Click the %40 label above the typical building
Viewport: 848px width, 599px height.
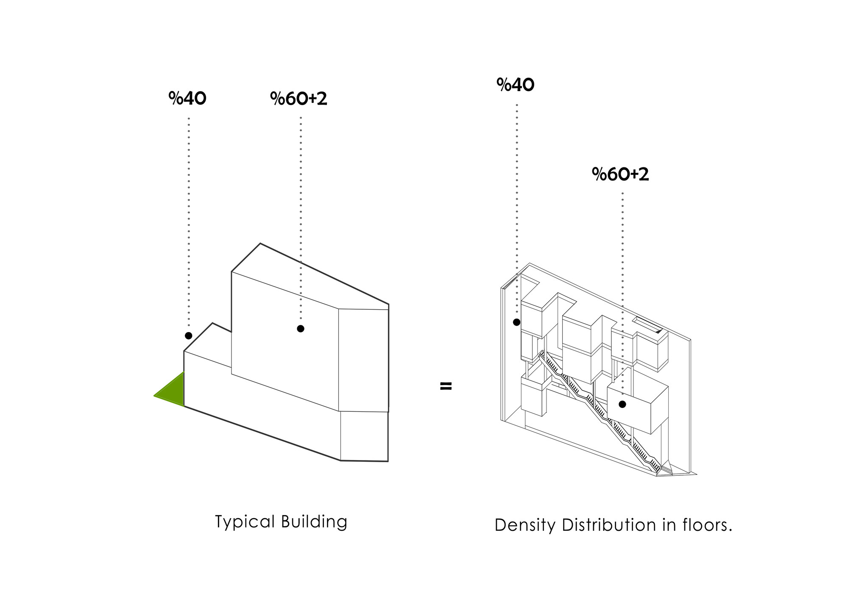[187, 98]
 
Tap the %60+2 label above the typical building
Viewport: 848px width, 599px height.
[298, 99]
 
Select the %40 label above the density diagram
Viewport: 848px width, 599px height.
[515, 85]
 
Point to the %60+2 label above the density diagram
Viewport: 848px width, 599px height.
[620, 174]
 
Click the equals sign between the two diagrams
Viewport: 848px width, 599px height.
[446, 386]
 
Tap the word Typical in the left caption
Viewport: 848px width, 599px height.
[245, 522]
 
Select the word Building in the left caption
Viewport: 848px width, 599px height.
[314, 522]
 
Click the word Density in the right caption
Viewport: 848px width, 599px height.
[525, 525]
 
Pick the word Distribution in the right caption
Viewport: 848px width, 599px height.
[609, 525]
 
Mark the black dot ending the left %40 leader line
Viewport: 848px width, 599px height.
[189, 336]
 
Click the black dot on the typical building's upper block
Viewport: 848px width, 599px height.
[301, 328]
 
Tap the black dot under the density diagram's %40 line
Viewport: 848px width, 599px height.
[516, 322]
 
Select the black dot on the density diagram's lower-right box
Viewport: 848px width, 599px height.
[622, 404]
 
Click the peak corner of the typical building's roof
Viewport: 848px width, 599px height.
[260, 244]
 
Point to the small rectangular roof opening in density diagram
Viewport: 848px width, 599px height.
[648, 324]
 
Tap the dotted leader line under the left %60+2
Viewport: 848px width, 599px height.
[301, 212]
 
